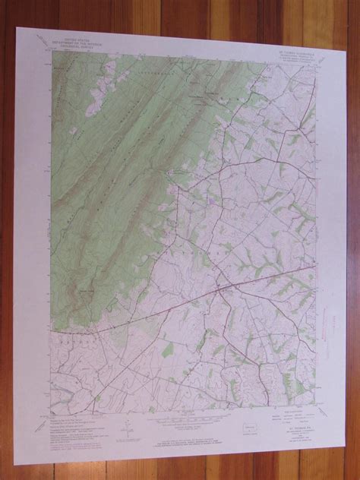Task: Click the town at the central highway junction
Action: [x=219, y=290]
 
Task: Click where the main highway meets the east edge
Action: [x=317, y=264]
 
